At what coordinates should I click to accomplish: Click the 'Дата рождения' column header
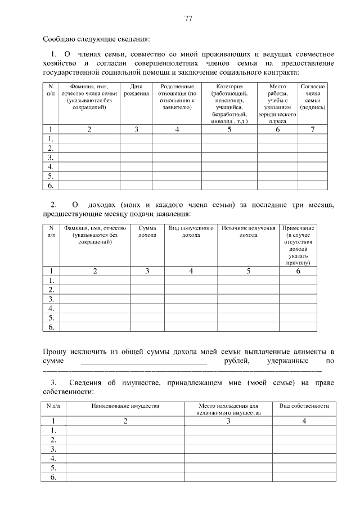[136, 89]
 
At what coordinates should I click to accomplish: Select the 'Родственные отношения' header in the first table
[177, 96]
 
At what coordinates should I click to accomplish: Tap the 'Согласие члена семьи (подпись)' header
[313, 96]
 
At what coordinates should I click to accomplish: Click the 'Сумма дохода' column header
[147, 232]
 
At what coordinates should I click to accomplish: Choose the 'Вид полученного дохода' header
[191, 232]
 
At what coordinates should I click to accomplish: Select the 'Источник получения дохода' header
[249, 232]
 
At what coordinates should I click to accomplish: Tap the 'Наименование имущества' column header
[125, 406]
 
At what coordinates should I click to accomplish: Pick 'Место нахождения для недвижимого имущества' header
[229, 409]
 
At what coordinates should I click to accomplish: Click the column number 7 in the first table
[313, 130]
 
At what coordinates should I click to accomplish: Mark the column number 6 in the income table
[298, 271]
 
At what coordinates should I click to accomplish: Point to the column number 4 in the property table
[304, 421]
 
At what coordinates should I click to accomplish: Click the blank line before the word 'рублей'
[144, 363]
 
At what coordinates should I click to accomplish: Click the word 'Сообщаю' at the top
[59, 39]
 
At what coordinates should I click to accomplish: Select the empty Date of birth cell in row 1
[136, 139]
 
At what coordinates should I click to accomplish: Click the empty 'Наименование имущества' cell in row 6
[125, 478]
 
